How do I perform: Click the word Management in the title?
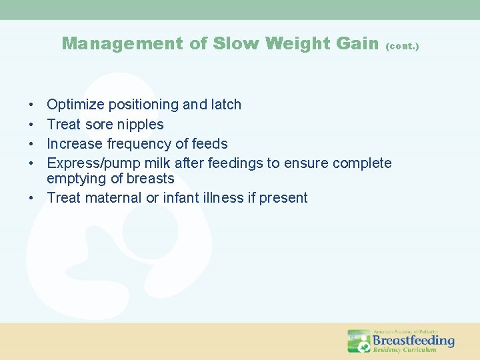121,44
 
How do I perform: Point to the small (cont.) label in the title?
403,47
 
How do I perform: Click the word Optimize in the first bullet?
75,105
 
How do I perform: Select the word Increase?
75,143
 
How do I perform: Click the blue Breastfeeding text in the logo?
413,340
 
